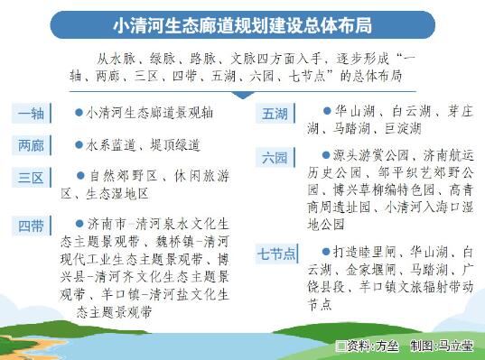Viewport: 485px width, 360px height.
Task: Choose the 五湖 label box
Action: point(275,114)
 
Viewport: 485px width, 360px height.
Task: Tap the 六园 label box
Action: point(275,157)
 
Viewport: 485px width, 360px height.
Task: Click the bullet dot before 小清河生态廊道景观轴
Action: point(79,114)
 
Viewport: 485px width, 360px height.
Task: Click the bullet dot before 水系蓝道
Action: point(79,143)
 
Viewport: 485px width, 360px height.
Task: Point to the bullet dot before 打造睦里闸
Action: point(326,249)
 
